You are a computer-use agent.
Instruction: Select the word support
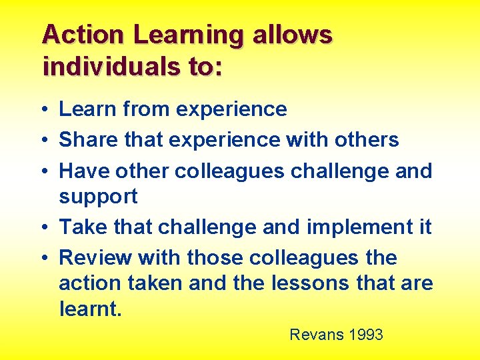pyautogui.click(x=98, y=197)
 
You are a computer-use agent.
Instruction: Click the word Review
pyautogui.click(x=96, y=258)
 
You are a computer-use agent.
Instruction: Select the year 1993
pyautogui.click(x=366, y=335)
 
